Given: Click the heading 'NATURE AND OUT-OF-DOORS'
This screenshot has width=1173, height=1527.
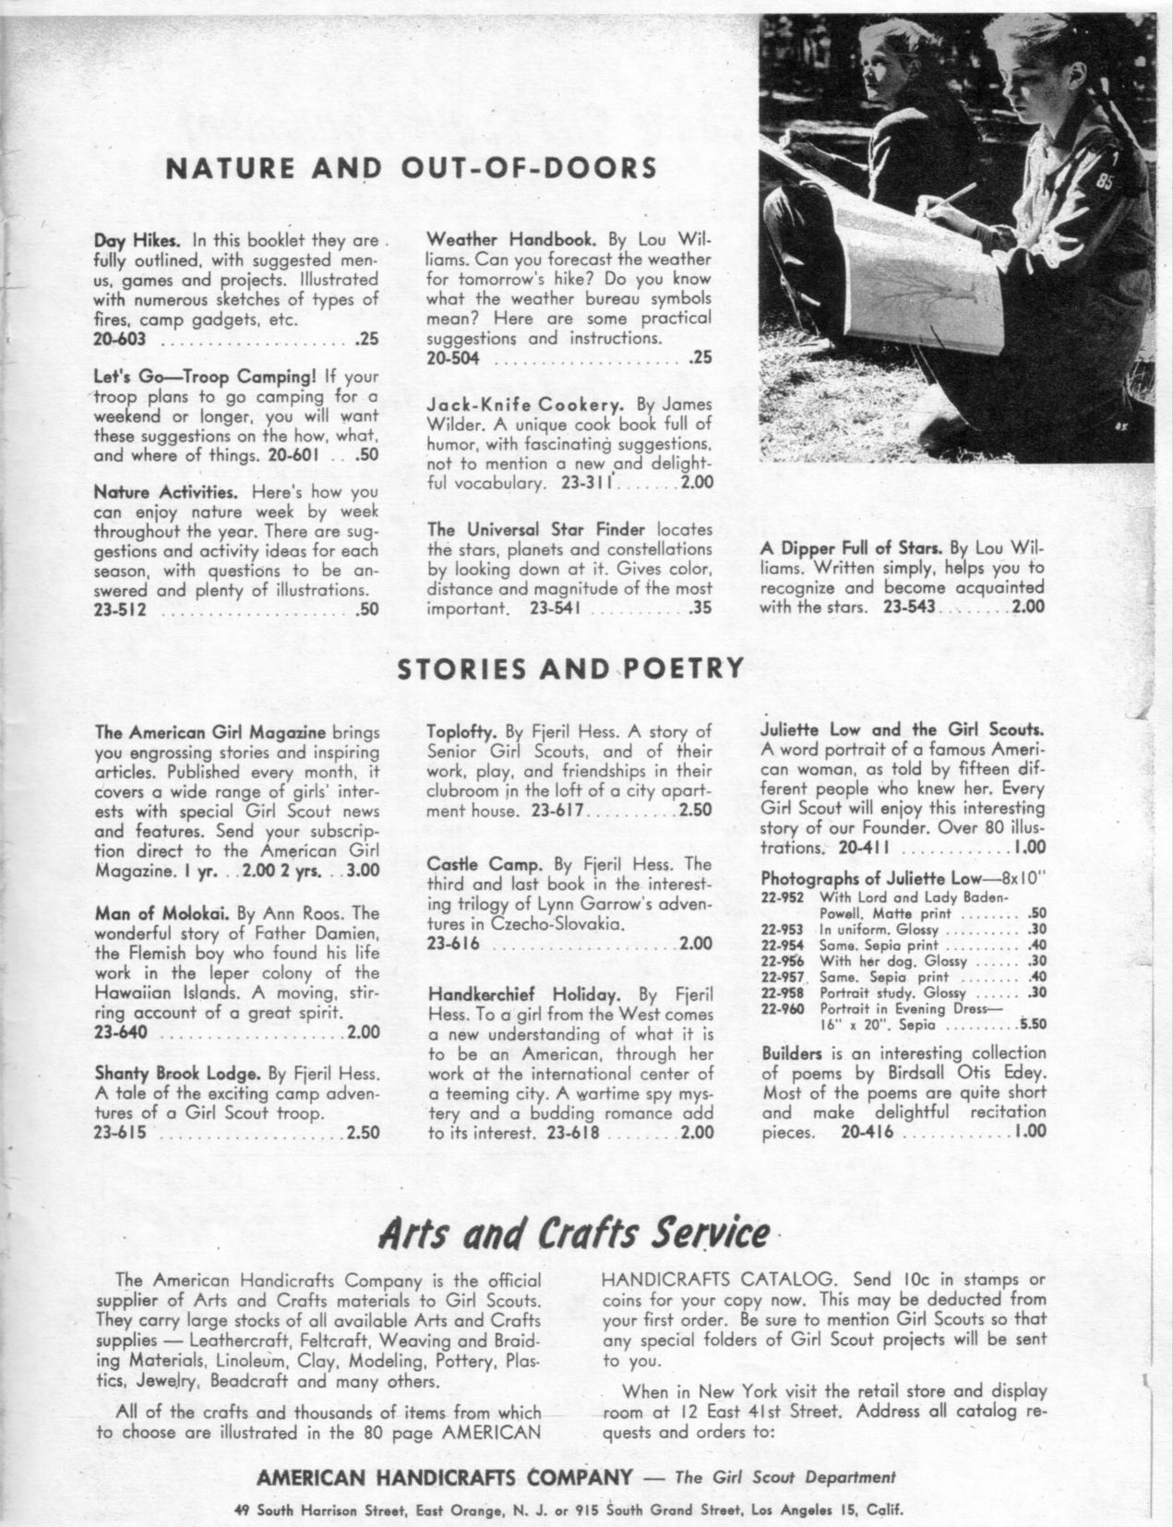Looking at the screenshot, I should (410, 168).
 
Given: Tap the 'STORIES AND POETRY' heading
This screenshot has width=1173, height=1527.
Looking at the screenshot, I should (569, 668).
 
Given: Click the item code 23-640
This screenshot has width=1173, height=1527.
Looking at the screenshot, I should (120, 1032).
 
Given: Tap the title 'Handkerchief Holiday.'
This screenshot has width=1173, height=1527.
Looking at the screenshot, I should (522, 994).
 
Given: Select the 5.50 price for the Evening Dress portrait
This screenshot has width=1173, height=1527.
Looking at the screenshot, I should (1032, 1025).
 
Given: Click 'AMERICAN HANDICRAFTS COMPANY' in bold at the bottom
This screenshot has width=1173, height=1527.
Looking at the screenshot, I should (444, 1477).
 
